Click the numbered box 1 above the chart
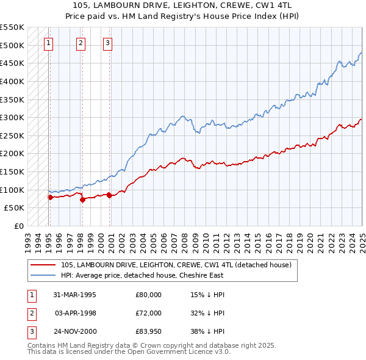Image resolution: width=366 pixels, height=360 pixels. [48, 43]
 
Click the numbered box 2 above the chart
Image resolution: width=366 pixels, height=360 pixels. [81, 43]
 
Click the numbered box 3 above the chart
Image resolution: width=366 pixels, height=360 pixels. [107, 43]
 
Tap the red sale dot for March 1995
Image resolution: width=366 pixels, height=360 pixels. [50, 197]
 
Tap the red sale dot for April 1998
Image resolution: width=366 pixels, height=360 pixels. [82, 200]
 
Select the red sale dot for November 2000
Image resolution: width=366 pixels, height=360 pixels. [109, 195]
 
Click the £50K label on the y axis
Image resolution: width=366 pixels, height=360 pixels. [14, 208]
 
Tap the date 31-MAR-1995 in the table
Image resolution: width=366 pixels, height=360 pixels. [75, 295]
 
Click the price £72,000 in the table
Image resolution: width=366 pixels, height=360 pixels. [148, 313]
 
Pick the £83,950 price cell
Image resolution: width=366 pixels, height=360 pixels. [148, 331]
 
